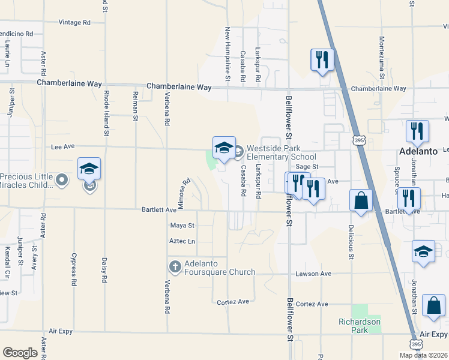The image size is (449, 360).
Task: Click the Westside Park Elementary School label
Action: point(281,152)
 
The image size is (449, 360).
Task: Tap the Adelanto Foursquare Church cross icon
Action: point(175,266)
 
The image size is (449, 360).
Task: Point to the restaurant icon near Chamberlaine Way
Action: point(322,59)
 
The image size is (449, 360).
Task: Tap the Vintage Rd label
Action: point(74,22)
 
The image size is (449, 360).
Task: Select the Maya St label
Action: point(182,226)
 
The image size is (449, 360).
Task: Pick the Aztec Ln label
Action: point(183,241)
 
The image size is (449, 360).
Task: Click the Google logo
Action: point(20,353)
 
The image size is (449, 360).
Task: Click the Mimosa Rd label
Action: point(184,193)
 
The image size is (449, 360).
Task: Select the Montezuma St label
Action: point(382,58)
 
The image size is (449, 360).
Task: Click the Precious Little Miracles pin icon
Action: point(61,179)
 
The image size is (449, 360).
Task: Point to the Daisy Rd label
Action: point(104,271)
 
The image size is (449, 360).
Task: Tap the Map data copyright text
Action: point(423,355)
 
